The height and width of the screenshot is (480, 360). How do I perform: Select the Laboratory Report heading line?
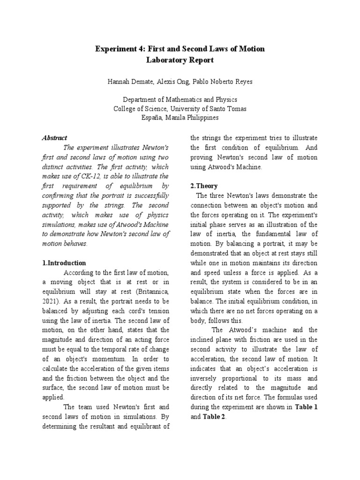180,60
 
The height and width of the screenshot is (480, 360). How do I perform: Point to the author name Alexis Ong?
172,82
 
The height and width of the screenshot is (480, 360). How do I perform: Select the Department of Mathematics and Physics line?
180,100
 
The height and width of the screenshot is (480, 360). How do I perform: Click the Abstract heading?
55,138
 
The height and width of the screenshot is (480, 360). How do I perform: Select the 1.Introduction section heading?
64,263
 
